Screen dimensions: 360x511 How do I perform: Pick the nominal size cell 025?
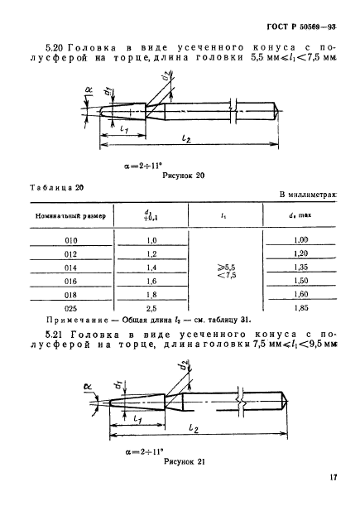click(69, 306)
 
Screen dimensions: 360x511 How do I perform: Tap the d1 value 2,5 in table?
click(151, 306)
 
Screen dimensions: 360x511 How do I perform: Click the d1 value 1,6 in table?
click(151, 279)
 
